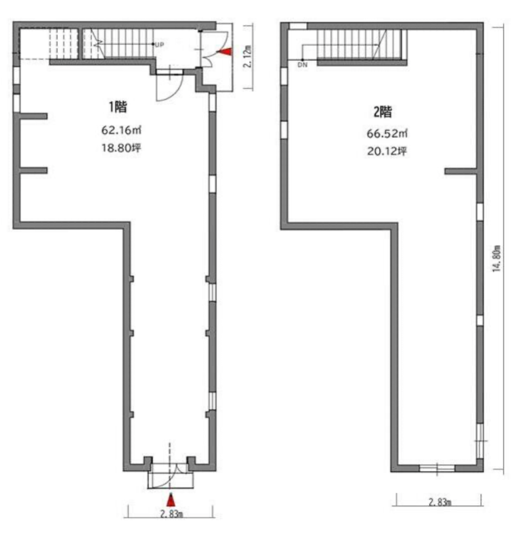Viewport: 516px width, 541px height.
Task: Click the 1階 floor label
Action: pos(118,107)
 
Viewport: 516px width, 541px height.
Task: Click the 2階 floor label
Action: pos(383,112)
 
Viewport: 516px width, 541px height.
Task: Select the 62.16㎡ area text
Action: pos(121,130)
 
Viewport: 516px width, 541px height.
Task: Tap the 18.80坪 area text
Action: pos(121,148)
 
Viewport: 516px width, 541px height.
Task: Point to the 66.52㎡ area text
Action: pos(387,133)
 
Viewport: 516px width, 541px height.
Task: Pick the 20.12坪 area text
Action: pos(387,151)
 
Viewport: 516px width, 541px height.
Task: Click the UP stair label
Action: pos(159,45)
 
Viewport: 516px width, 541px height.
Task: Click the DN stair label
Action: pos(303,64)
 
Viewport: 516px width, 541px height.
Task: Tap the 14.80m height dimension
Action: pos(496,258)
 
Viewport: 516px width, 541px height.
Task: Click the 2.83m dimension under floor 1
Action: pos(171,514)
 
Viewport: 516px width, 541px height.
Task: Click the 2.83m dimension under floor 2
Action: pos(440,502)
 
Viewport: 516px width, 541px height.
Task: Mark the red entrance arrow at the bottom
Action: pos(171,500)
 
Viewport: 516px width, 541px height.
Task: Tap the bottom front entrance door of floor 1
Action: pos(170,477)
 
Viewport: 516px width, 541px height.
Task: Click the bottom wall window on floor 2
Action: pos(437,468)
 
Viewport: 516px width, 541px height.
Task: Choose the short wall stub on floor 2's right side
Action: pos(460,171)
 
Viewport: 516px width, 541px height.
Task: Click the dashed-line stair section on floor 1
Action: pos(63,44)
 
